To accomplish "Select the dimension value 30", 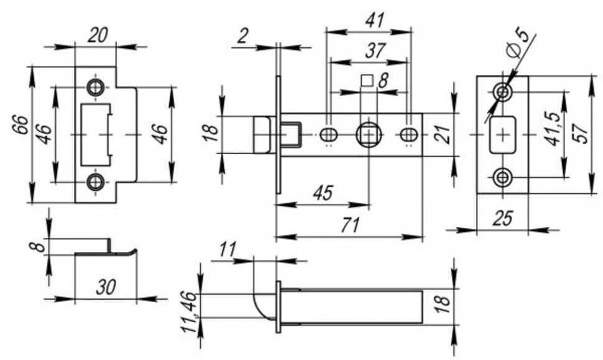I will (106, 287).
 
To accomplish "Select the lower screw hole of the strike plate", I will (95, 182).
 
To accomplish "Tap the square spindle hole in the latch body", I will (368, 134).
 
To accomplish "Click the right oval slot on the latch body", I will (408, 134).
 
